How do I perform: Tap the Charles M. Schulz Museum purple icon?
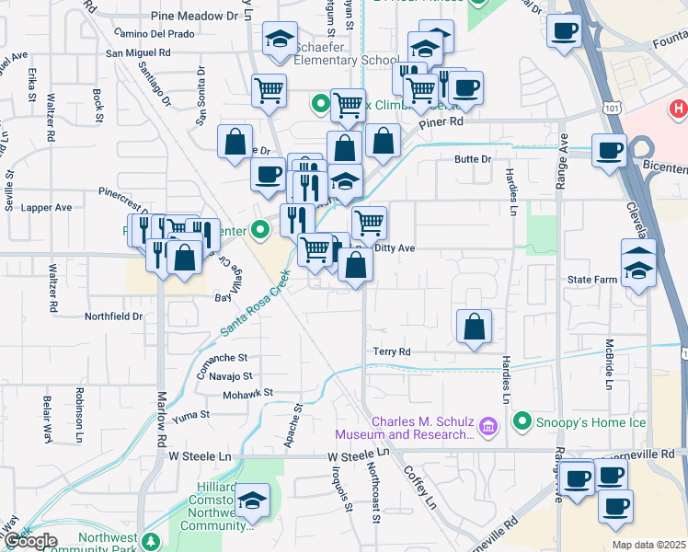pos(488,425)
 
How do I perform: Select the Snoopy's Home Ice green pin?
pos(522,422)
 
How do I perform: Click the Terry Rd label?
pos(391,351)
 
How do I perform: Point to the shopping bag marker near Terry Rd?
pos(474,327)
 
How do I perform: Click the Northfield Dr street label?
pos(114,316)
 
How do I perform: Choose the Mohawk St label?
pos(248,394)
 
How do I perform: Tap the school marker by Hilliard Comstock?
pos(251,501)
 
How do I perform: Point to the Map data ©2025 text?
pos(648,545)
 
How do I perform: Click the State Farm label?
pos(591,279)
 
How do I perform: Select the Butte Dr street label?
pos(474,159)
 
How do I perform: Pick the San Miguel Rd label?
pos(139,52)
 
